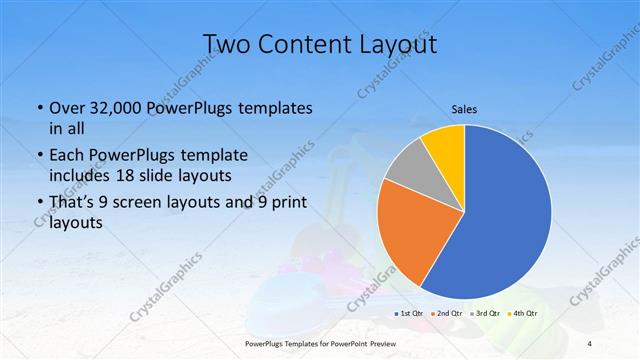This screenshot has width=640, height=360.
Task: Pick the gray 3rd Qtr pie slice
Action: (x=408, y=166)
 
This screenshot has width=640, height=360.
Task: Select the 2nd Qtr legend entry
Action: (x=446, y=313)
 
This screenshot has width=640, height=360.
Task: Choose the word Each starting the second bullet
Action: (x=66, y=156)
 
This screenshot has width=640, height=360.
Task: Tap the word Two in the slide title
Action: (x=226, y=44)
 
